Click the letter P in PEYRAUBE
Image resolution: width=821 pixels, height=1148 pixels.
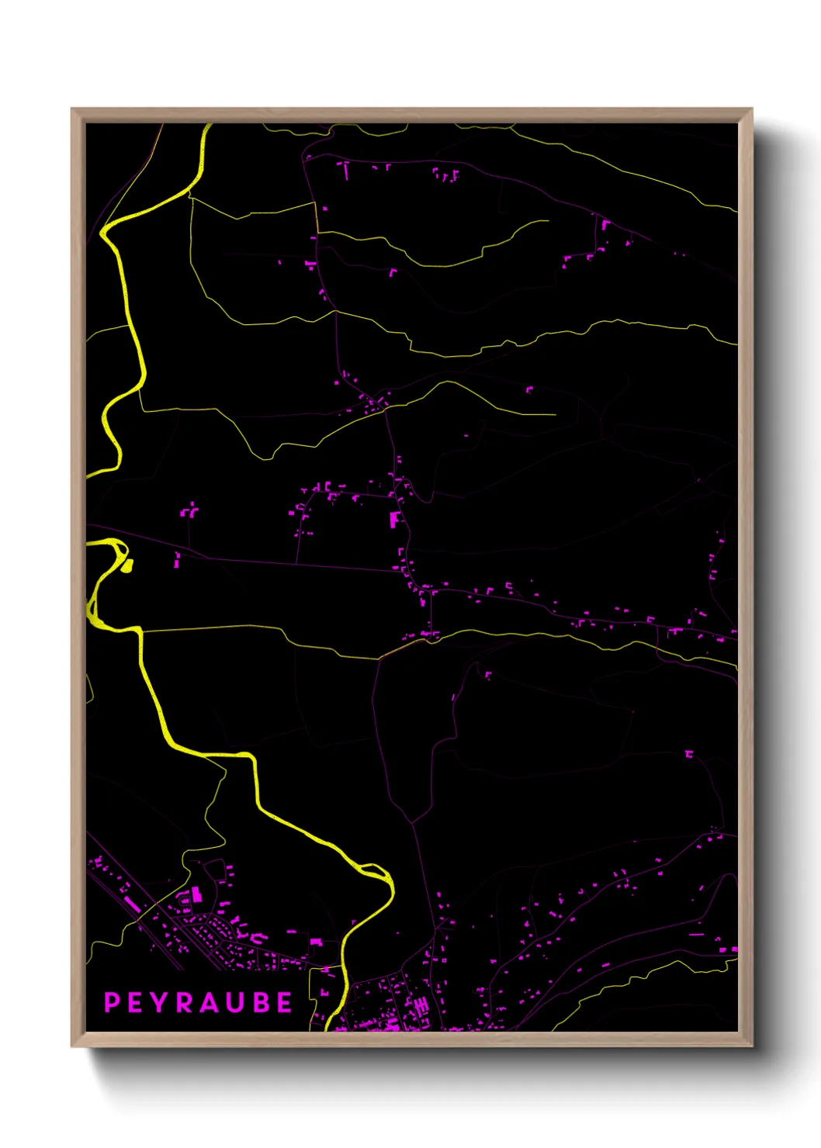113,1002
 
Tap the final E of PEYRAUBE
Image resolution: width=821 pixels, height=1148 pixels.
284,1002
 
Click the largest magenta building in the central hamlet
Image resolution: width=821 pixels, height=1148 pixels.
394,519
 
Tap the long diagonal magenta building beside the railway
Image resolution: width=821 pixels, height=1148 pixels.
133,904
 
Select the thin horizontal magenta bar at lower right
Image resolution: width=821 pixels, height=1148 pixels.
696,935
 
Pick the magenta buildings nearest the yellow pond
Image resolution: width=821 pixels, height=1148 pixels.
177,558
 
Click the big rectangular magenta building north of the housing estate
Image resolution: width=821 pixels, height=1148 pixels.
197,894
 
